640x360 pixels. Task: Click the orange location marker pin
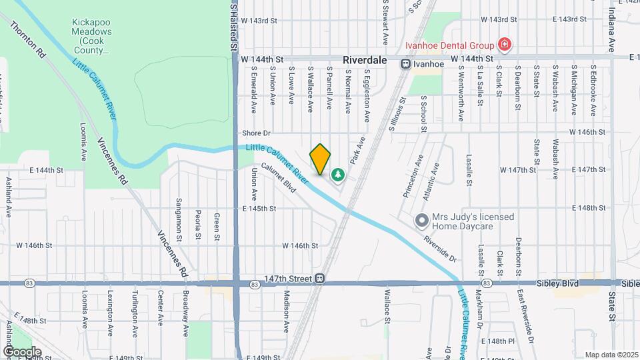pos(321,159)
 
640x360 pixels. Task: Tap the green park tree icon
pos(338,175)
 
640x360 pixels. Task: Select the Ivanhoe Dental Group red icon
pos(505,45)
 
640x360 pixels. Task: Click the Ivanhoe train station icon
pos(405,63)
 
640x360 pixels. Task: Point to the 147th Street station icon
pos(320,278)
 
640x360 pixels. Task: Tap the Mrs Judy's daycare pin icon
pos(421,220)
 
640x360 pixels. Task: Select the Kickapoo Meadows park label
pos(92,36)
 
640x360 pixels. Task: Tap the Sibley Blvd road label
pos(557,283)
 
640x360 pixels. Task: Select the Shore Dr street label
pos(256,133)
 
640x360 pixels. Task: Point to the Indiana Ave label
pos(611,30)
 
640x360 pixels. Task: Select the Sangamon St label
pos(179,219)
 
